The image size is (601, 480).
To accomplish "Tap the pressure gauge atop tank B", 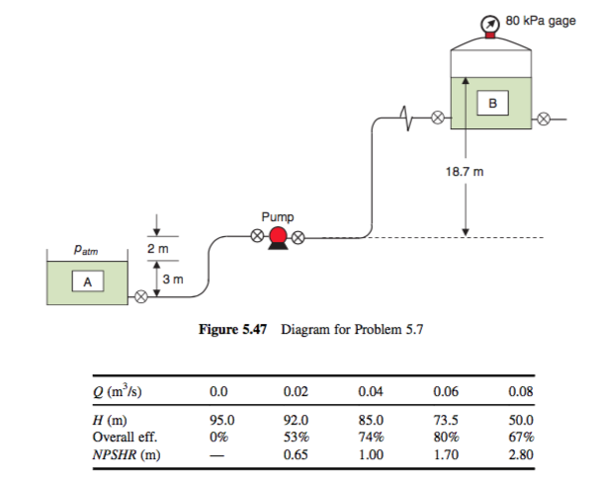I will pos(490,23).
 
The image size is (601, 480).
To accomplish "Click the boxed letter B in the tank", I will pos(491,102).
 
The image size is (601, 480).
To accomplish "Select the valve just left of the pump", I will pos(256,237).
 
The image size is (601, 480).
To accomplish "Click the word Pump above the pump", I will pos(278,214).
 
